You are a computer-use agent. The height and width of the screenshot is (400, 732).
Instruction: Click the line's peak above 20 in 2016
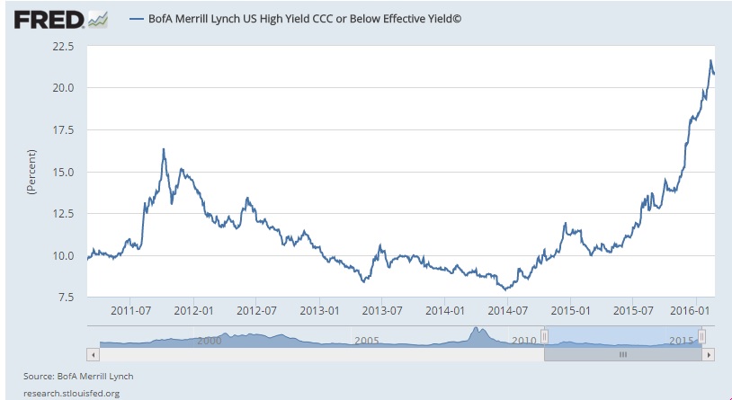click(710, 61)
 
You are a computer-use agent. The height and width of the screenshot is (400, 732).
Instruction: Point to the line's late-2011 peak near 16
click(164, 149)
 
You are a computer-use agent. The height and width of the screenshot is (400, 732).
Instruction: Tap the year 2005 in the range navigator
click(365, 342)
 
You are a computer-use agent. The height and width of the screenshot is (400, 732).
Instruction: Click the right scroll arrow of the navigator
click(710, 355)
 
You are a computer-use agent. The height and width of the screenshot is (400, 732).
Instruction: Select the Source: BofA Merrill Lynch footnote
click(78, 375)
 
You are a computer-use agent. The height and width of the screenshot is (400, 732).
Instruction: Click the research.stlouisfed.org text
click(72, 392)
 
